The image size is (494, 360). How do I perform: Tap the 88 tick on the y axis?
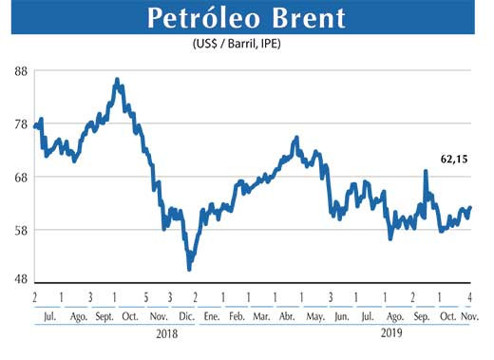coord(17,71)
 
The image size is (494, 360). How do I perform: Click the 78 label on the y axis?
coord(17,124)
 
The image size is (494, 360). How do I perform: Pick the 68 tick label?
coord(17,177)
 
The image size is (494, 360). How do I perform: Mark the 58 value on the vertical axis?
coord(17,229)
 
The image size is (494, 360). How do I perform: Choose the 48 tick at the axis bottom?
coord(17,280)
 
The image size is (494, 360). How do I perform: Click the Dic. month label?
coord(186,315)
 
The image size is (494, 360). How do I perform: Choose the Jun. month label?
coord(340,315)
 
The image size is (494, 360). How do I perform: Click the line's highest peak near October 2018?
coord(116,81)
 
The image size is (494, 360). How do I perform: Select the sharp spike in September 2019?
coord(425,172)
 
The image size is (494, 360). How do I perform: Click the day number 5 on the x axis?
coord(145,296)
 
